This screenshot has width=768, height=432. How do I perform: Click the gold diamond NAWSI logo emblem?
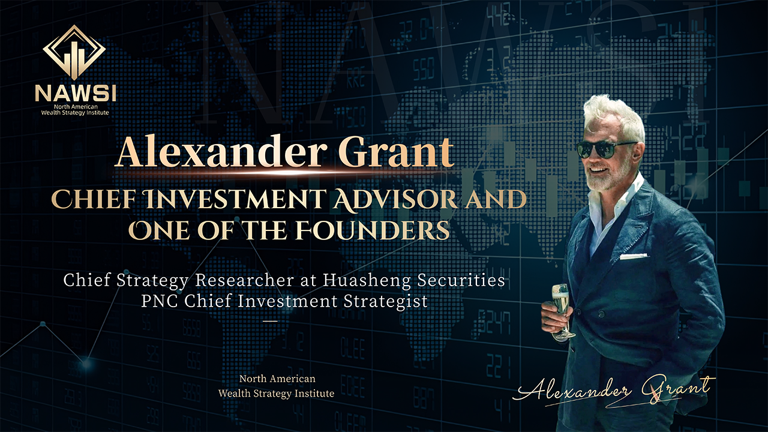[74, 52]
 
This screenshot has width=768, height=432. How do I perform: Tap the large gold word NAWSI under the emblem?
[76, 93]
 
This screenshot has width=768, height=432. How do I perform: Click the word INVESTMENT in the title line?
[235, 199]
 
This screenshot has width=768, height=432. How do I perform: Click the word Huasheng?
[367, 281]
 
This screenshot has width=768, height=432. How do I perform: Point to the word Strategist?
[386, 302]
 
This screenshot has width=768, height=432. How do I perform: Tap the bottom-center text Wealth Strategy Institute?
[277, 393]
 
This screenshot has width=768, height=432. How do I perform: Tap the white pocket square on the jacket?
[633, 256]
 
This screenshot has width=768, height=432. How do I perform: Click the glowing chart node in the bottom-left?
[86, 364]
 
